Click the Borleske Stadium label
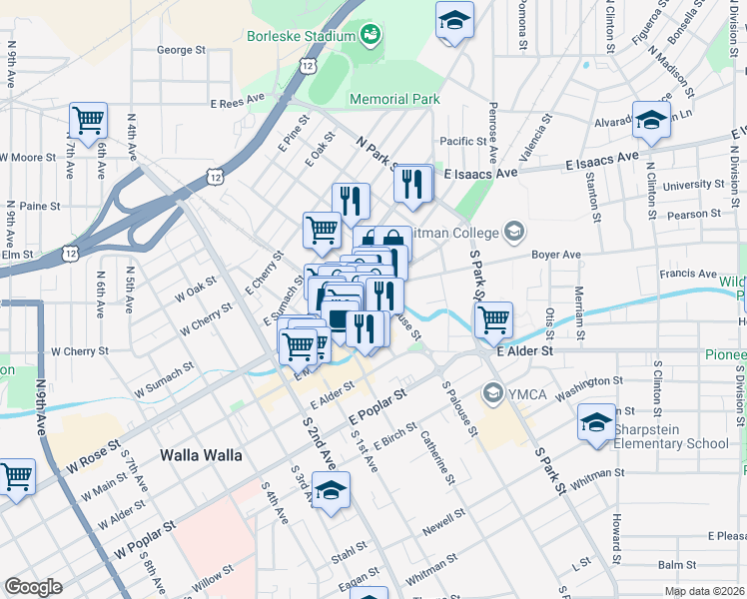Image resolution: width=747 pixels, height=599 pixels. [301, 37]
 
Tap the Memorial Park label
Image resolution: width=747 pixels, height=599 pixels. [394, 99]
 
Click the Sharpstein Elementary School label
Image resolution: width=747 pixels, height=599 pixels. [671, 443]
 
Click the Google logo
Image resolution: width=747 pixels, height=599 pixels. [33, 587]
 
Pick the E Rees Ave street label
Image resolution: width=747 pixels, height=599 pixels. [237, 103]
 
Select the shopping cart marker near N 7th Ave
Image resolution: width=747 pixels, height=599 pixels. [88, 121]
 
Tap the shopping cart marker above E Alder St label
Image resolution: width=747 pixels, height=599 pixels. [494, 320]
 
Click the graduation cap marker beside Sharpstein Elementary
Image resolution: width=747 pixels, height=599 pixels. [596, 421]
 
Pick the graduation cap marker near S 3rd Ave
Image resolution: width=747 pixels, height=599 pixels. [331, 490]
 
